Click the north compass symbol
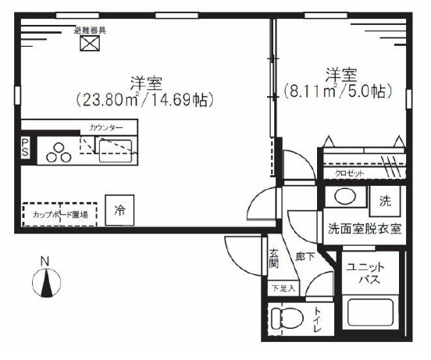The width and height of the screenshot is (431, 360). click(46, 280)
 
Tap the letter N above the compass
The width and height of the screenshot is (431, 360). click(45, 261)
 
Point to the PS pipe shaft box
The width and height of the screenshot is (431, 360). click(25, 148)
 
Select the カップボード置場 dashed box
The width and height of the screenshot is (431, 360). click(59, 213)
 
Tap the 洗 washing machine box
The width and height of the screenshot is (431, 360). click(385, 200)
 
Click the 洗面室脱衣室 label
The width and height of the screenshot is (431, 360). click(365, 229)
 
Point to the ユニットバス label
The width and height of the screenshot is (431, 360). click(364, 271)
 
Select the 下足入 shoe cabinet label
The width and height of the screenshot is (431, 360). click(283, 288)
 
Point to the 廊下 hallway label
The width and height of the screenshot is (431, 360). click(305, 257)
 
